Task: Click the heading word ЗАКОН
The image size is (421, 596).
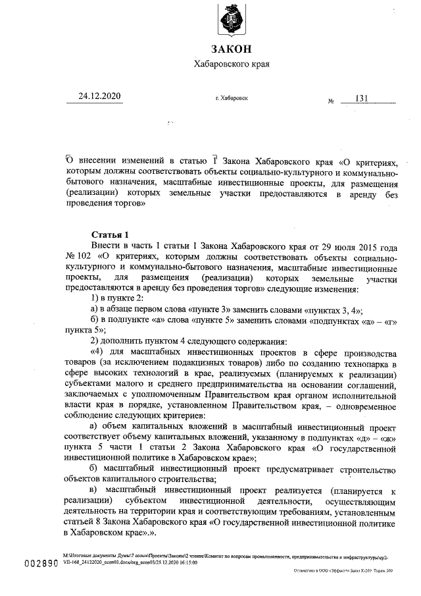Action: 232,49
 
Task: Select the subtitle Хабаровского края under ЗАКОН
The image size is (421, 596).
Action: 232,65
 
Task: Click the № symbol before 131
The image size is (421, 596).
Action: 331,101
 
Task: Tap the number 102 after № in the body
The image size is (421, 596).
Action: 82,256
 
